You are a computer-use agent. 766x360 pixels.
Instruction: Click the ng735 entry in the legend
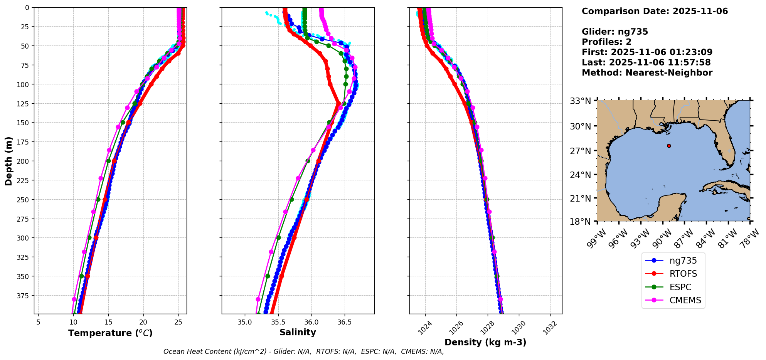[683, 261]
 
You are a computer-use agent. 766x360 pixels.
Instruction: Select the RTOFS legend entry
[683, 274]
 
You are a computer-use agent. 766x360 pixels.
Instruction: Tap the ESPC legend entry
[680, 288]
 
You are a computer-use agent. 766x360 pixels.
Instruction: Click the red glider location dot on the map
[669, 146]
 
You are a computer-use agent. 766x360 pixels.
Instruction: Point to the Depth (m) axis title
[9, 161]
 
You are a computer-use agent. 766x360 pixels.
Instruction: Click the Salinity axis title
[298, 333]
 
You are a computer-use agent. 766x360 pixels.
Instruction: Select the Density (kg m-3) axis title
[485, 342]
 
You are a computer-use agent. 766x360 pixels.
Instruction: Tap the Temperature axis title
[110, 333]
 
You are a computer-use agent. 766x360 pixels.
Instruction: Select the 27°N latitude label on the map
[580, 151]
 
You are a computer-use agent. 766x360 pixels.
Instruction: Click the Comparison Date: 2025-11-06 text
[655, 11]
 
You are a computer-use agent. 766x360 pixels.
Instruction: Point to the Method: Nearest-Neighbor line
[647, 73]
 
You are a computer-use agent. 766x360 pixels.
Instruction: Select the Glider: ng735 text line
[615, 32]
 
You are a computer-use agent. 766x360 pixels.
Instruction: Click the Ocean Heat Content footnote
[303, 352]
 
